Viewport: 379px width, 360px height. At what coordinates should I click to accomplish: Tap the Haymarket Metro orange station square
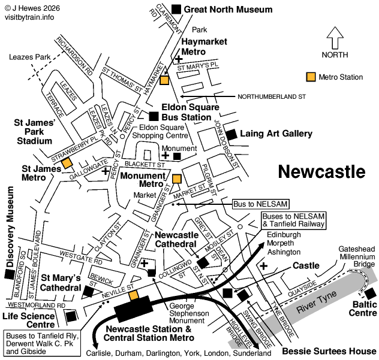[165, 80]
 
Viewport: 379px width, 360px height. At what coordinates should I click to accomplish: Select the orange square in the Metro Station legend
[311, 77]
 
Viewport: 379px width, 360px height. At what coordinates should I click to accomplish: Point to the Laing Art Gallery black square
[231, 134]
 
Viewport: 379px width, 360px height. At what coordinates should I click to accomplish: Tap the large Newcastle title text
[322, 172]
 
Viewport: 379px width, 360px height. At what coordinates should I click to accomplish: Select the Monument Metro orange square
[176, 179]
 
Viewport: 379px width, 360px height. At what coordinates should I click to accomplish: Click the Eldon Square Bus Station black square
[154, 116]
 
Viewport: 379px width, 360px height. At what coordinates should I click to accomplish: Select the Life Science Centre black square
[71, 315]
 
